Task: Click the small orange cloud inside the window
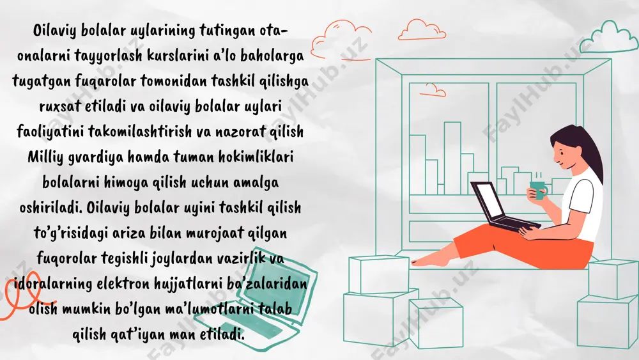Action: [433, 90]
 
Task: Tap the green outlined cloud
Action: [609, 38]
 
